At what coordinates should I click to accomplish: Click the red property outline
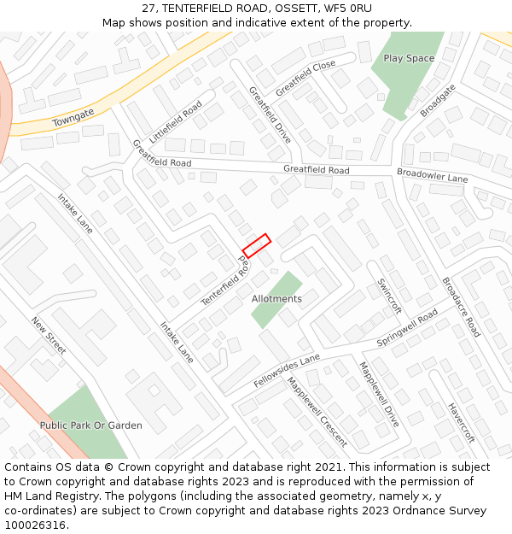[256, 245]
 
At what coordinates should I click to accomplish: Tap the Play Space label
[409, 58]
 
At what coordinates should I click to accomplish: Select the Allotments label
[276, 299]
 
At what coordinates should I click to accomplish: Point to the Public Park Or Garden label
[90, 425]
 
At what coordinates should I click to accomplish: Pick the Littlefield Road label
[175, 122]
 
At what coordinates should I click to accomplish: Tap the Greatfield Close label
[305, 77]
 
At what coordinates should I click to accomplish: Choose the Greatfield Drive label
[270, 114]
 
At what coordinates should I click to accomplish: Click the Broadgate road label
[439, 100]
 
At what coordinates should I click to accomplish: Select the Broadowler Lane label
[433, 175]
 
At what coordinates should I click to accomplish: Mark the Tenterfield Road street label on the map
[225, 284]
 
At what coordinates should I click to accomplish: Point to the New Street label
[49, 336]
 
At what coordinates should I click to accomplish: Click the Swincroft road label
[389, 296]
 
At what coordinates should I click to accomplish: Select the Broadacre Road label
[461, 306]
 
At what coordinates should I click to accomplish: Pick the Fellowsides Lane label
[286, 370]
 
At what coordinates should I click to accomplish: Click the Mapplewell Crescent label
[317, 413]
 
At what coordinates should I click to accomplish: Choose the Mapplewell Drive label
[379, 394]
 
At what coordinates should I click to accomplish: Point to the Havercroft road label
[461, 422]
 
